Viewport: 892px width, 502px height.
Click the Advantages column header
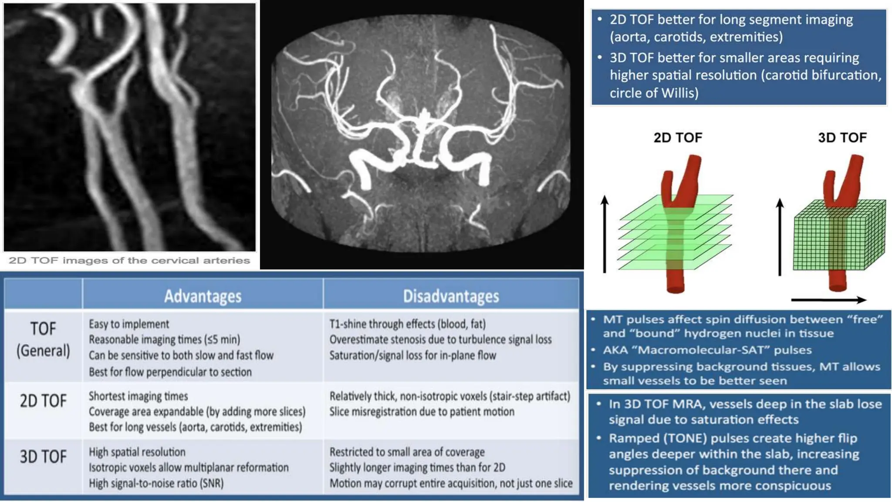coord(203,296)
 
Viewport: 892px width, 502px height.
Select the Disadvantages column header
coord(451,296)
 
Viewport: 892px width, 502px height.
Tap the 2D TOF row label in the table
coord(43,401)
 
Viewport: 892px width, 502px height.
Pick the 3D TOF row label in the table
coord(43,457)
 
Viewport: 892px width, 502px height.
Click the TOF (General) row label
coord(43,339)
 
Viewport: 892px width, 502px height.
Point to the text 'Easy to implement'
coord(129,324)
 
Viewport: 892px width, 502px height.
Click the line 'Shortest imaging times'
coord(139,396)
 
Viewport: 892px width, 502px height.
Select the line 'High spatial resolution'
coord(137,452)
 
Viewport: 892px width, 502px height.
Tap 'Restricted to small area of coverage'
coord(407,452)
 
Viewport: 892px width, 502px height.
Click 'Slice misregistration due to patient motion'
coord(422,412)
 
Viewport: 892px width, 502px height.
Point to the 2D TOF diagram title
coord(678,138)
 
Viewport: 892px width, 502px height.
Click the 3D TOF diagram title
coord(842,138)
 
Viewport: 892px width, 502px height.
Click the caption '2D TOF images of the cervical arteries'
coord(129,261)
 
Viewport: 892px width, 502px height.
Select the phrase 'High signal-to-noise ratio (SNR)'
coord(156,483)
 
